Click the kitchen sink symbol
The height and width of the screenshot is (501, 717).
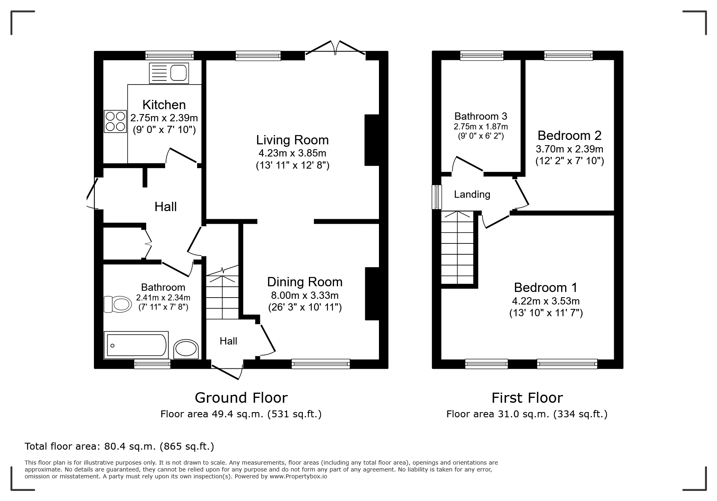169,73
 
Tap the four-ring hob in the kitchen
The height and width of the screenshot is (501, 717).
115,121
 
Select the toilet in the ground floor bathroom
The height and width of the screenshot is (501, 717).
117,304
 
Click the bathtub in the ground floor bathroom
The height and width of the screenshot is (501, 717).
136,345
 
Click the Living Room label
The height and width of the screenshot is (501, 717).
292,140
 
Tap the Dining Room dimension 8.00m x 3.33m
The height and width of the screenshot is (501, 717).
305,295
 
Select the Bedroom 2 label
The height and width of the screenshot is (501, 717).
569,135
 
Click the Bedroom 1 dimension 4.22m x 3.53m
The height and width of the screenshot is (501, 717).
546,301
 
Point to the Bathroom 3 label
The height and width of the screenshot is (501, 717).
481,116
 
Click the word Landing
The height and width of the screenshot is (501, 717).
472,194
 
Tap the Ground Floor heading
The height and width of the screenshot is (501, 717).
241,398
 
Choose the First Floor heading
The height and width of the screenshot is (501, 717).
527,398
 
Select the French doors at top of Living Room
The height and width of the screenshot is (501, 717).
336,47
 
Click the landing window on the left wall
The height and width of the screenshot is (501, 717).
436,197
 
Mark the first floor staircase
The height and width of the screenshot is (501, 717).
457,248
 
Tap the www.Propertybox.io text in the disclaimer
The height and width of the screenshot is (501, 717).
298,476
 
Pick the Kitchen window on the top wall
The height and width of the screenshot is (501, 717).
169,55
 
